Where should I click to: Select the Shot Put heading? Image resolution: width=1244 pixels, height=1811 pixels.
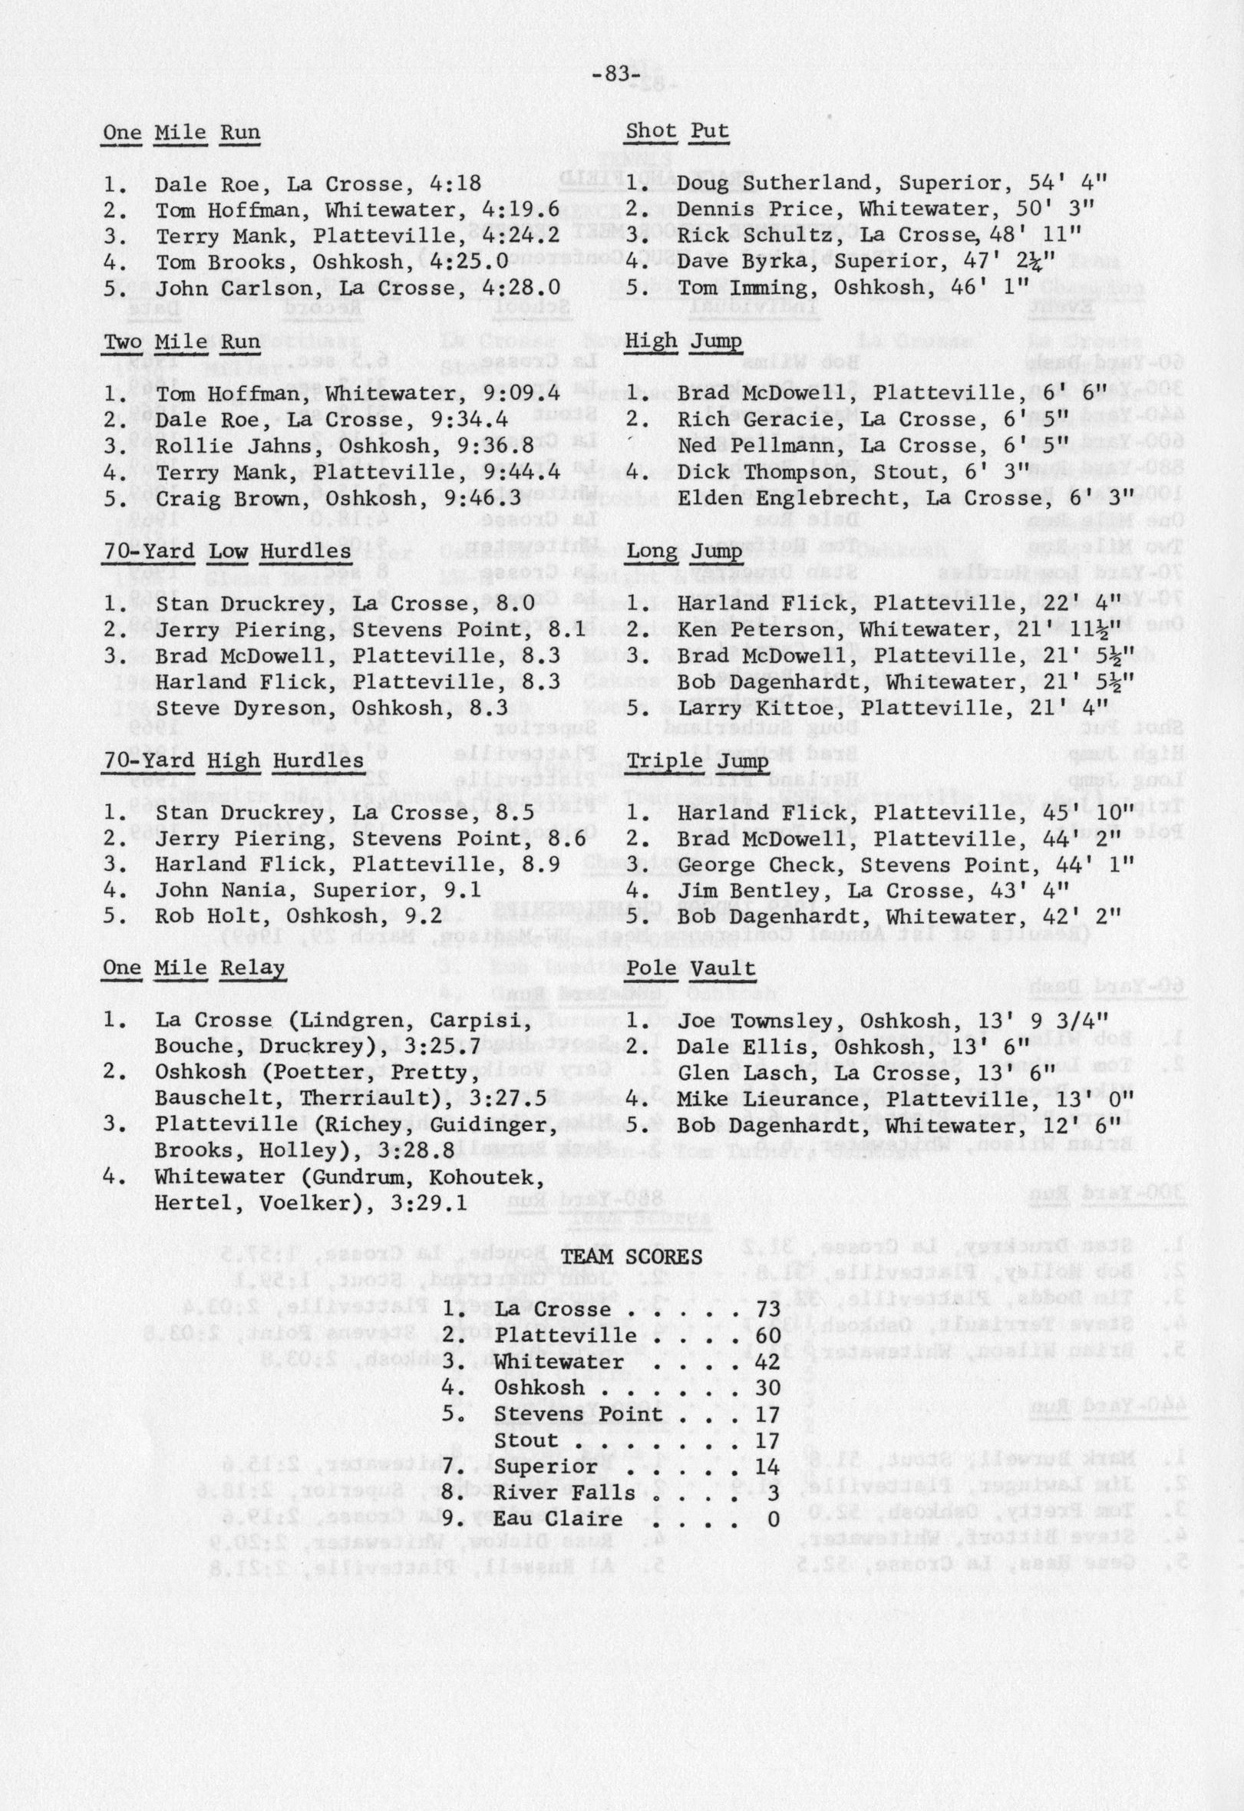[x=677, y=132]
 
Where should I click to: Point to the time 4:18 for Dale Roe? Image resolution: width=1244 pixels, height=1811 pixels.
[x=455, y=185]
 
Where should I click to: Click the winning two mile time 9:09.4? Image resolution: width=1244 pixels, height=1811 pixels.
[x=520, y=394]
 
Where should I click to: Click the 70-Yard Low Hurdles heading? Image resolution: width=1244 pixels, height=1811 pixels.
[x=227, y=551]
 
